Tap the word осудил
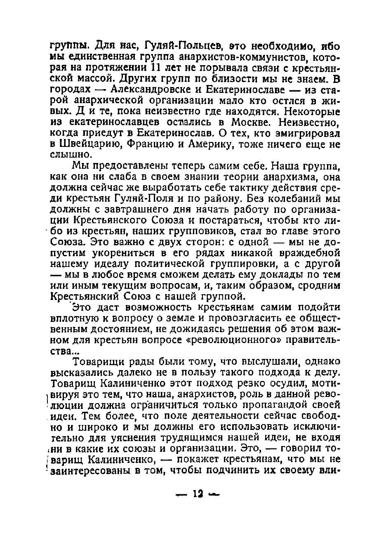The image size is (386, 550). (x=297, y=384)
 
